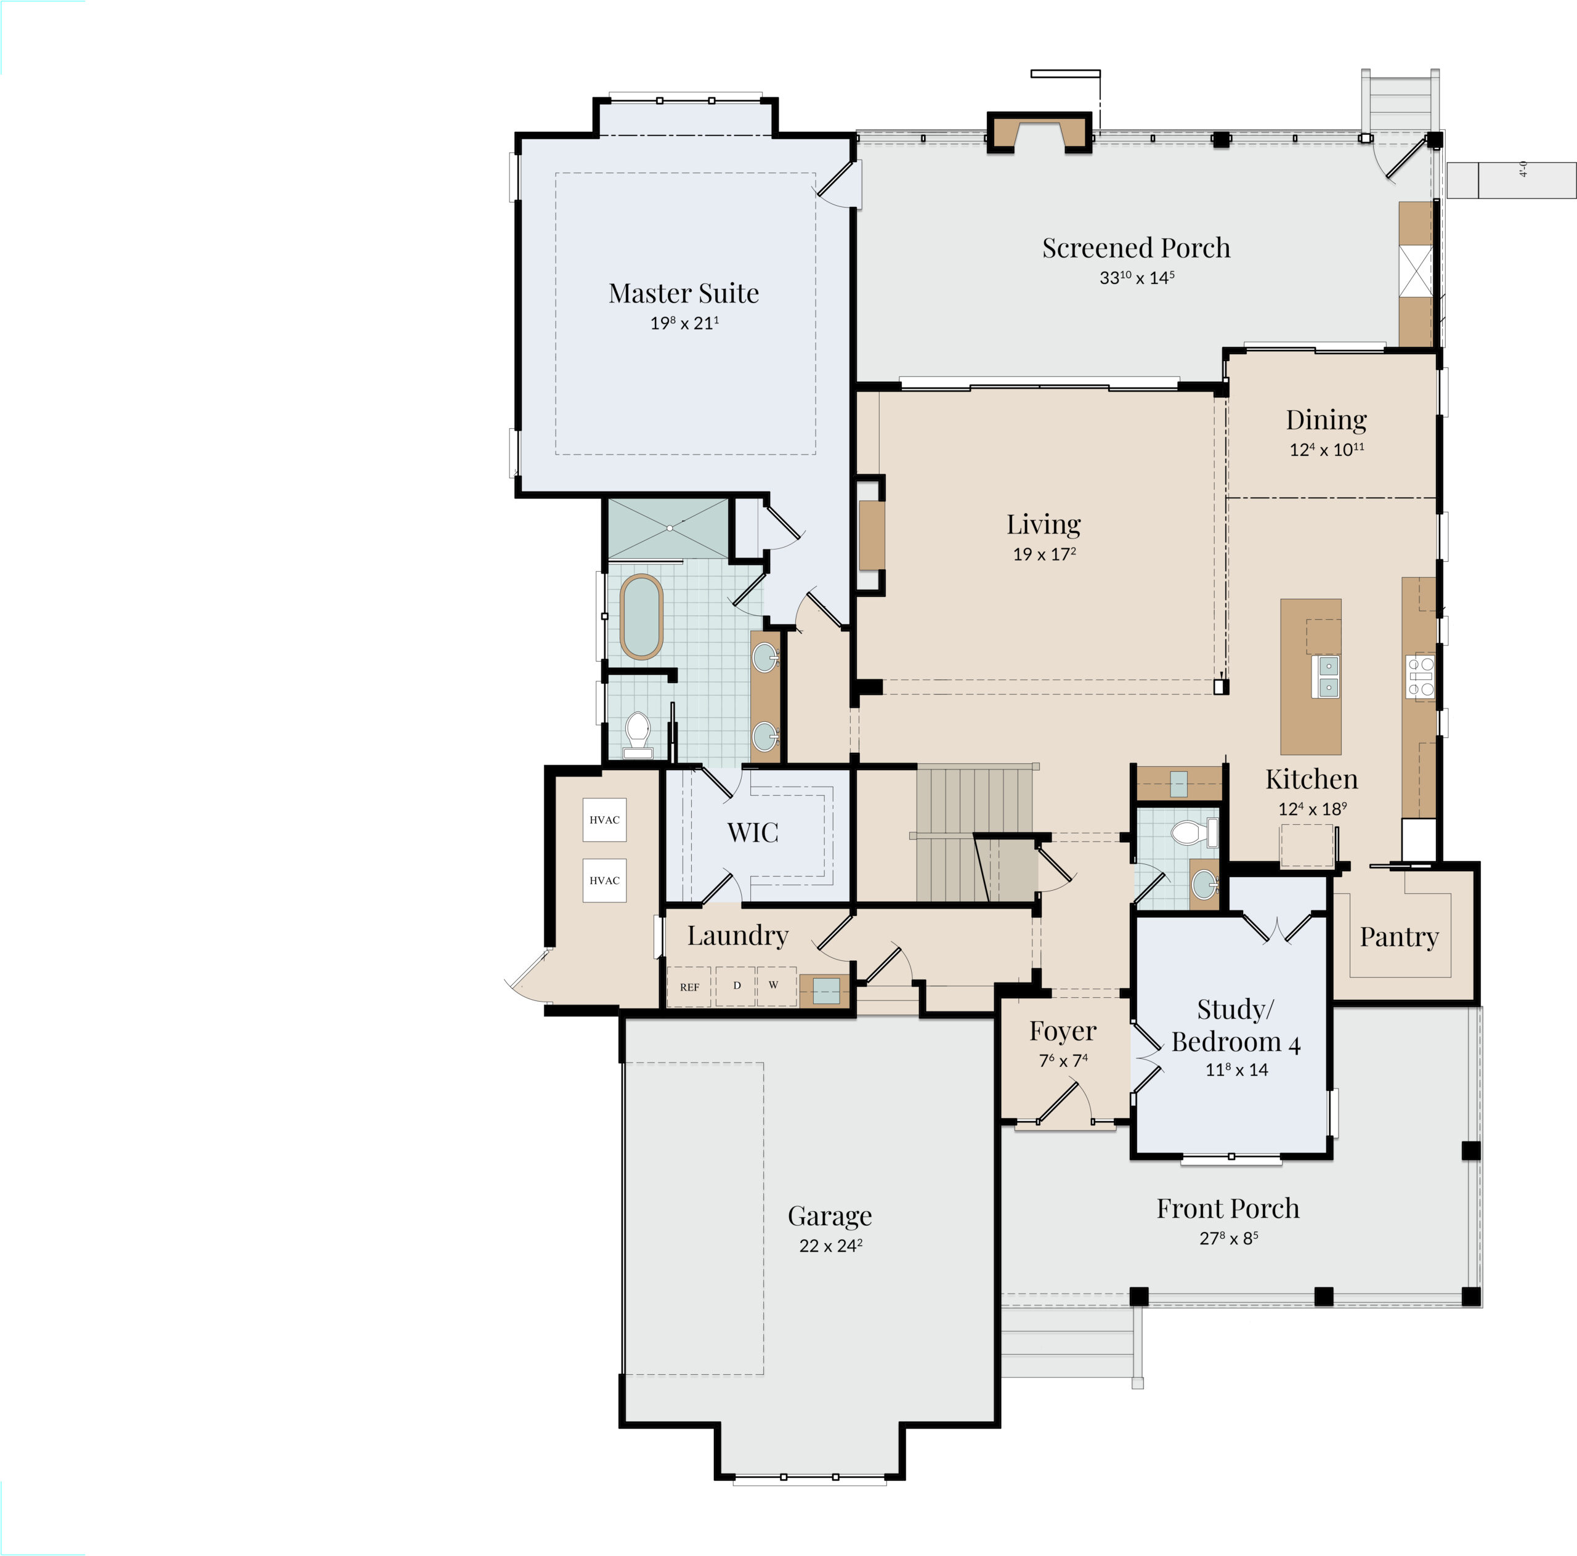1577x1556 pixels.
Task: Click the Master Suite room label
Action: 683,293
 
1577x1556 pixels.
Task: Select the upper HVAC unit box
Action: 604,820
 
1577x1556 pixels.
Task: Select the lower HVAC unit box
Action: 604,880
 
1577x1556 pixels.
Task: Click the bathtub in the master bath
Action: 641,617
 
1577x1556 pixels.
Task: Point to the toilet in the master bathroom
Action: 637,734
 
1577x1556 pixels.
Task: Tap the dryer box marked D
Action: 736,986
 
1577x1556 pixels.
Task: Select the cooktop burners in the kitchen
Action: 1421,677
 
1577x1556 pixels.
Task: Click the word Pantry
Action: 1399,937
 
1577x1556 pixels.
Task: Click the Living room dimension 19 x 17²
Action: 1044,554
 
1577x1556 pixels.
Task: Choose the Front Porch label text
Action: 1228,1208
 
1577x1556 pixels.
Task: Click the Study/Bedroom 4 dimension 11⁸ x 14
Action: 1236,1069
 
